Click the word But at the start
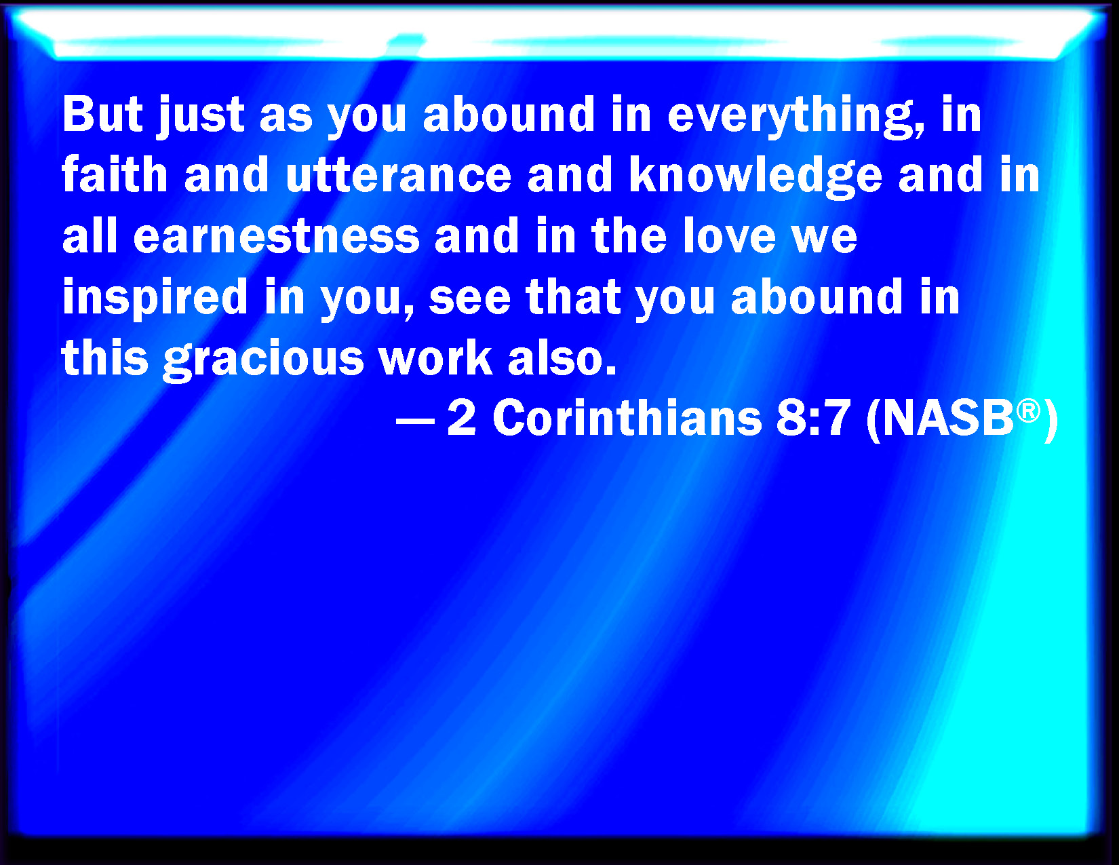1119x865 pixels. tap(102, 114)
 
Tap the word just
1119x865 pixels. tap(201, 117)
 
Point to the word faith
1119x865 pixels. tap(115, 174)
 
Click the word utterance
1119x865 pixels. tap(398, 175)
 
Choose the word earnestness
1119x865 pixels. tap(277, 237)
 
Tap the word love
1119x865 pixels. tap(730, 235)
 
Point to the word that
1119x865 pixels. tap(573, 296)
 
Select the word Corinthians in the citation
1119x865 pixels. tap(627, 418)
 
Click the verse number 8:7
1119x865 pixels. tap(813, 418)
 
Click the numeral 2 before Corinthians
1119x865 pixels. tap(461, 418)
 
